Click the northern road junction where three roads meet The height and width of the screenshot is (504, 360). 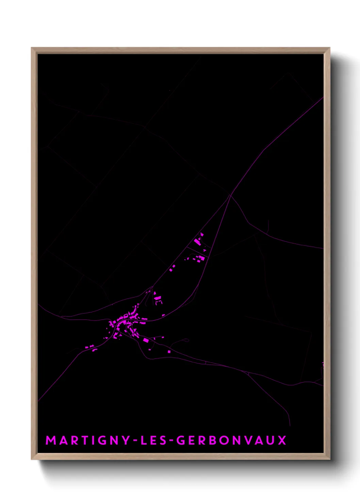(230, 195)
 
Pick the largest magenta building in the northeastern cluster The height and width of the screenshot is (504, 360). (197, 242)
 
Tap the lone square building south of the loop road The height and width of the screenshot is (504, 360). (169, 351)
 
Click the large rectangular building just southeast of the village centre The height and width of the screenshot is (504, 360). (146, 340)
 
